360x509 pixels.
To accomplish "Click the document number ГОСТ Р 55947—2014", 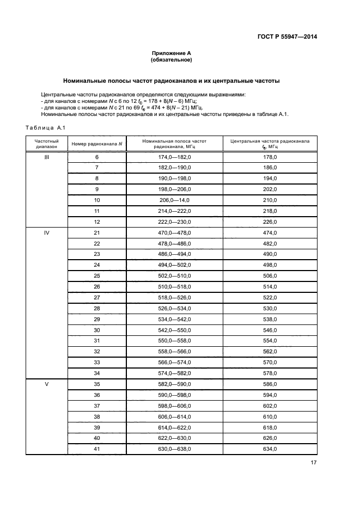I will [286, 37].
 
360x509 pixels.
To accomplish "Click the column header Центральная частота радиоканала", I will [270, 144].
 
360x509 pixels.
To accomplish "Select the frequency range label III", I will [46, 157].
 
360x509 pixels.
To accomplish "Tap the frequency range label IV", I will [46, 233].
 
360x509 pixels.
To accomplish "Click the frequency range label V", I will [46, 384].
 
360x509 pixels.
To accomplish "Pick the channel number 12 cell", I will [97, 222].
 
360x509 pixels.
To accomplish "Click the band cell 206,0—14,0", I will [174, 200].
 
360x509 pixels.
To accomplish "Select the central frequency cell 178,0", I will [270, 157].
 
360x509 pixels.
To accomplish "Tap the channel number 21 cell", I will [97, 233].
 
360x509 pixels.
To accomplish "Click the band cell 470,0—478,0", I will [174, 233].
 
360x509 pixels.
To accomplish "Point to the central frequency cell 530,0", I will [270, 308].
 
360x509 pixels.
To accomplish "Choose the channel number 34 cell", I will [97, 373].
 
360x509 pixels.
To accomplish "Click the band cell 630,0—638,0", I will [174, 449].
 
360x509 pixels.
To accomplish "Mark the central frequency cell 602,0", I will [270, 406].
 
